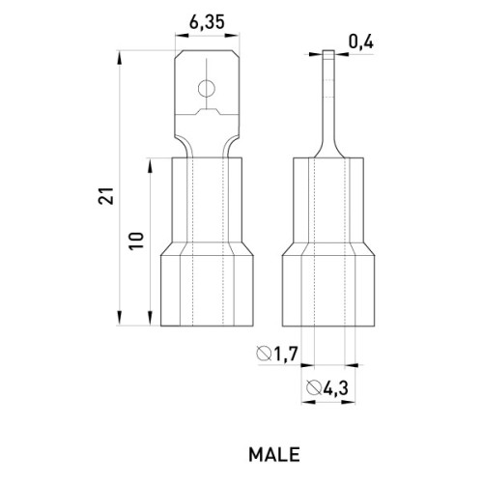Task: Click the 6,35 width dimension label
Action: coord(207,23)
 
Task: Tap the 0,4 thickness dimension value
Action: coord(361,43)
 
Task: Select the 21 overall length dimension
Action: coord(106,195)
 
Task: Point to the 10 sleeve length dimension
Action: coord(136,241)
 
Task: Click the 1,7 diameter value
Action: coord(286,354)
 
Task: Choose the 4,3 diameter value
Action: coord(336,388)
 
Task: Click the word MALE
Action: coord(274,455)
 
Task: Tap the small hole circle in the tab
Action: coord(207,89)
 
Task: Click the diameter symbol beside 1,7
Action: coord(264,354)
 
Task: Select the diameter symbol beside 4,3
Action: coord(314,387)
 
